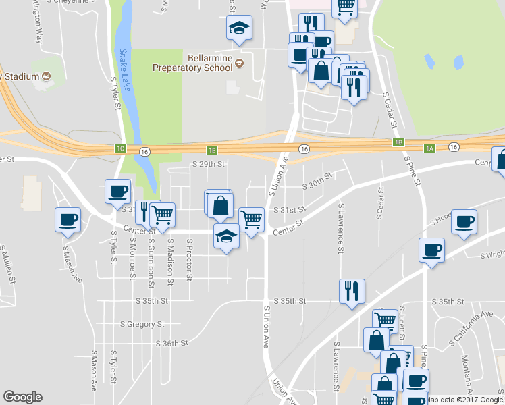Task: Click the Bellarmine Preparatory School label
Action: click(x=192, y=63)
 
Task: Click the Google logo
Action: click(x=22, y=397)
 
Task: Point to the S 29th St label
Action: click(x=208, y=164)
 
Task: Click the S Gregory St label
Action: click(x=142, y=325)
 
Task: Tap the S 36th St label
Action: click(x=171, y=344)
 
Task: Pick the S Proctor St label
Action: click(x=190, y=259)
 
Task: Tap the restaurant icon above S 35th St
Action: click(x=351, y=291)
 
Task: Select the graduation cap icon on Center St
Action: click(x=226, y=236)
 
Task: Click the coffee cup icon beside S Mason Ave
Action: click(x=68, y=219)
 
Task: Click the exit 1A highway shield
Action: click(x=429, y=148)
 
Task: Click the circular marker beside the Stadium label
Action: click(x=46, y=76)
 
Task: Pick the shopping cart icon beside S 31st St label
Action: click(x=251, y=219)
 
